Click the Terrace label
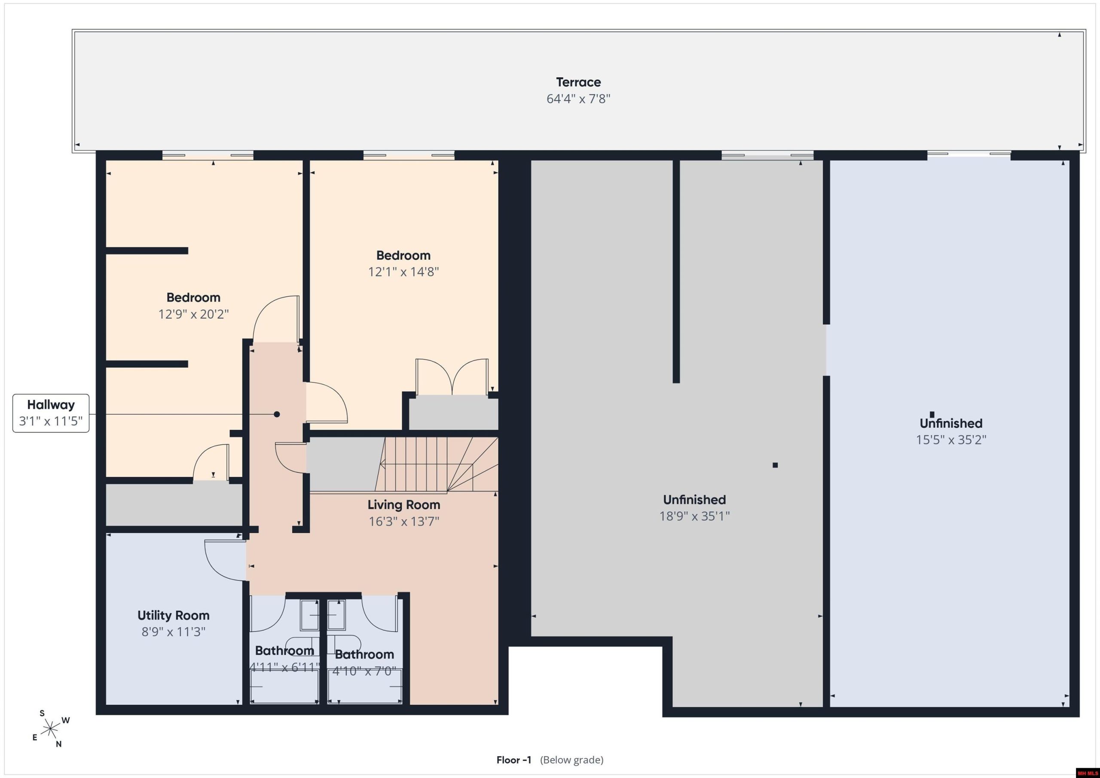click(578, 82)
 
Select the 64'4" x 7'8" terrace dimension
click(578, 99)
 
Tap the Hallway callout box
click(51, 413)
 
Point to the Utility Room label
click(174, 615)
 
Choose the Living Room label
click(404, 504)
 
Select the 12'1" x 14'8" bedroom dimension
click(403, 272)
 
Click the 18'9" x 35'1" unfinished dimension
click(695, 516)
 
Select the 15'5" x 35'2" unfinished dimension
click(951, 440)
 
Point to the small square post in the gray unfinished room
click(775, 465)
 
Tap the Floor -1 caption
click(514, 760)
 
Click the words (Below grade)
click(572, 760)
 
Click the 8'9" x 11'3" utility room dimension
click(174, 632)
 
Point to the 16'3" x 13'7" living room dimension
click(404, 521)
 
